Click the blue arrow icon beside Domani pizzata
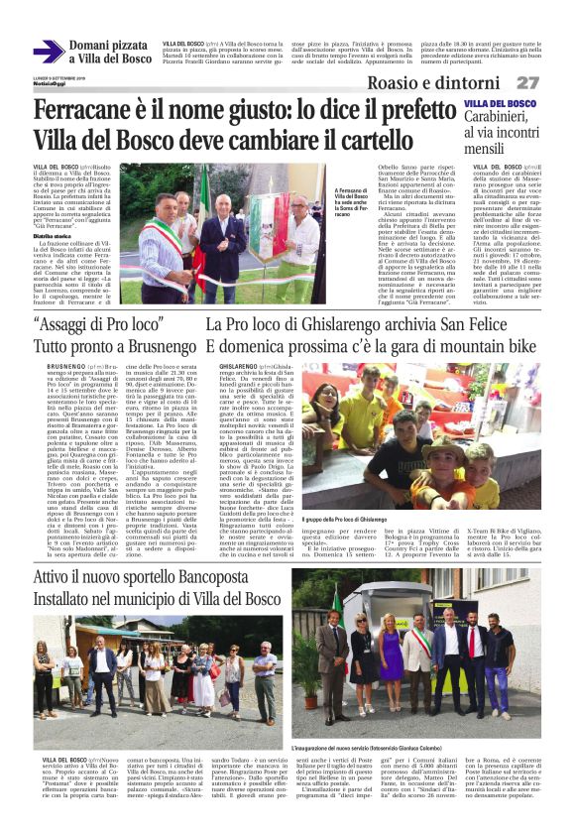pos(49,52)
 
